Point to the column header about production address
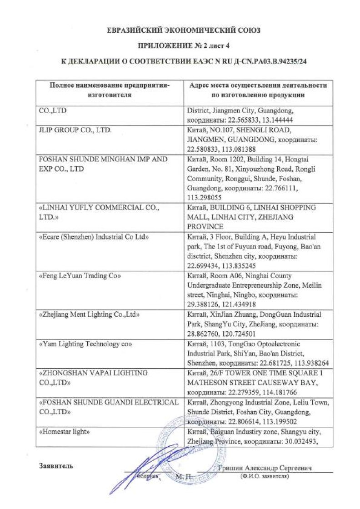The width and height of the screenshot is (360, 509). tap(258, 90)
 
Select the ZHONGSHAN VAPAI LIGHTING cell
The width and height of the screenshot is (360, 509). tap(94, 377)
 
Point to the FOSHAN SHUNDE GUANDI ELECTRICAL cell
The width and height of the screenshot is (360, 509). tap(109, 406)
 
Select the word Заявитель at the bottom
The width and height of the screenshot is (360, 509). tap(56, 466)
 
